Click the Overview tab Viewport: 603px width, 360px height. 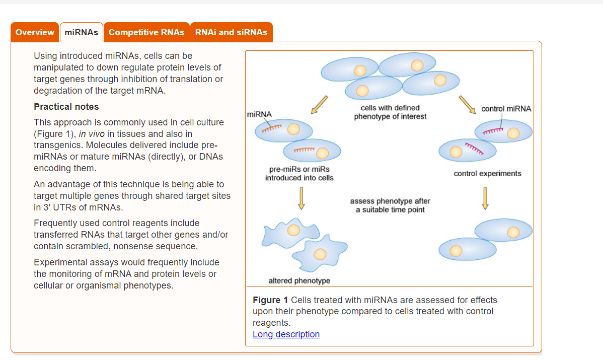35,32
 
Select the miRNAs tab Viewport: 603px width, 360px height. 81,32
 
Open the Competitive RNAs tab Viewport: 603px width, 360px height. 146,32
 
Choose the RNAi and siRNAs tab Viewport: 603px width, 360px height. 231,32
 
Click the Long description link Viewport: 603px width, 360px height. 286,334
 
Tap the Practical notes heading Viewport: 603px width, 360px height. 66,107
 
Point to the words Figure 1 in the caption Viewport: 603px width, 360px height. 270,300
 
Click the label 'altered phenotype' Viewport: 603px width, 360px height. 299,280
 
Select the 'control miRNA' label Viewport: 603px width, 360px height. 506,109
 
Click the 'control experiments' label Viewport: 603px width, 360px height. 487,173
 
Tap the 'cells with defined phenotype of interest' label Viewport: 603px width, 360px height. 390,112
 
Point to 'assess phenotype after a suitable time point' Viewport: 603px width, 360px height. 390,205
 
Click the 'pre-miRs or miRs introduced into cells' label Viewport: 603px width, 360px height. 299,173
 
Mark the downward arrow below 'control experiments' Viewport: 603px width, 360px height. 485,198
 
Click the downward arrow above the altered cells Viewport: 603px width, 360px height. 301,198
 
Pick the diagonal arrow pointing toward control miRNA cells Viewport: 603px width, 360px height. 467,105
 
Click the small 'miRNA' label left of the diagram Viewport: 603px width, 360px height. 259,114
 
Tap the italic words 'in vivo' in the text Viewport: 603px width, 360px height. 90,134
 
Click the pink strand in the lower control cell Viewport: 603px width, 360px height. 474,149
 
